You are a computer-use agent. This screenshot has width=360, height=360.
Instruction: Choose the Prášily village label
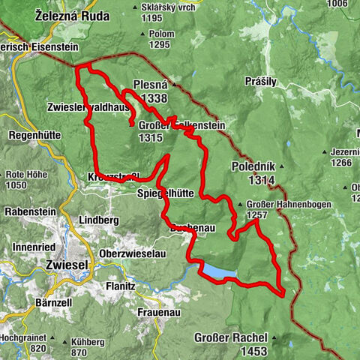261,80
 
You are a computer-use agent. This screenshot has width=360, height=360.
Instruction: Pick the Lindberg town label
98,220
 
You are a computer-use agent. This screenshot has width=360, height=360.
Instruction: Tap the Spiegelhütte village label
166,193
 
